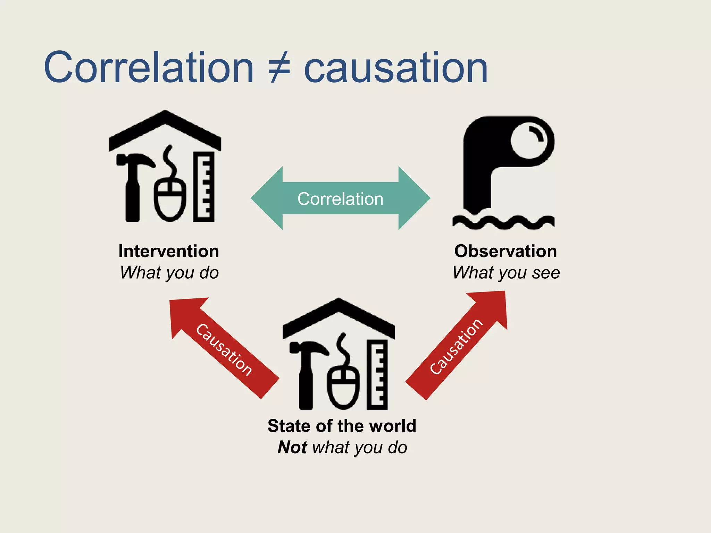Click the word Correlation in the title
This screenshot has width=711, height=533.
[x=149, y=68]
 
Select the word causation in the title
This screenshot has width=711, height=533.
[x=396, y=68]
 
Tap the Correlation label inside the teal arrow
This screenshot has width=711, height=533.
[x=340, y=199]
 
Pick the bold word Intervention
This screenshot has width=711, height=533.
[x=169, y=251]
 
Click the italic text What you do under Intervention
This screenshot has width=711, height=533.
[x=169, y=273]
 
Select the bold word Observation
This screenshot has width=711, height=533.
[x=505, y=251]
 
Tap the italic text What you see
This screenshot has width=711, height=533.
[x=506, y=273]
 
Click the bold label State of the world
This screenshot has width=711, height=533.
[x=342, y=426]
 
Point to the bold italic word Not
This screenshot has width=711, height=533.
[x=292, y=447]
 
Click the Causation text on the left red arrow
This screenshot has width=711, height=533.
[x=224, y=350]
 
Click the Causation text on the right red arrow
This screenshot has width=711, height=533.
[x=456, y=346]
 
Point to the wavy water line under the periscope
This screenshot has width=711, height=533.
[x=503, y=222]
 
